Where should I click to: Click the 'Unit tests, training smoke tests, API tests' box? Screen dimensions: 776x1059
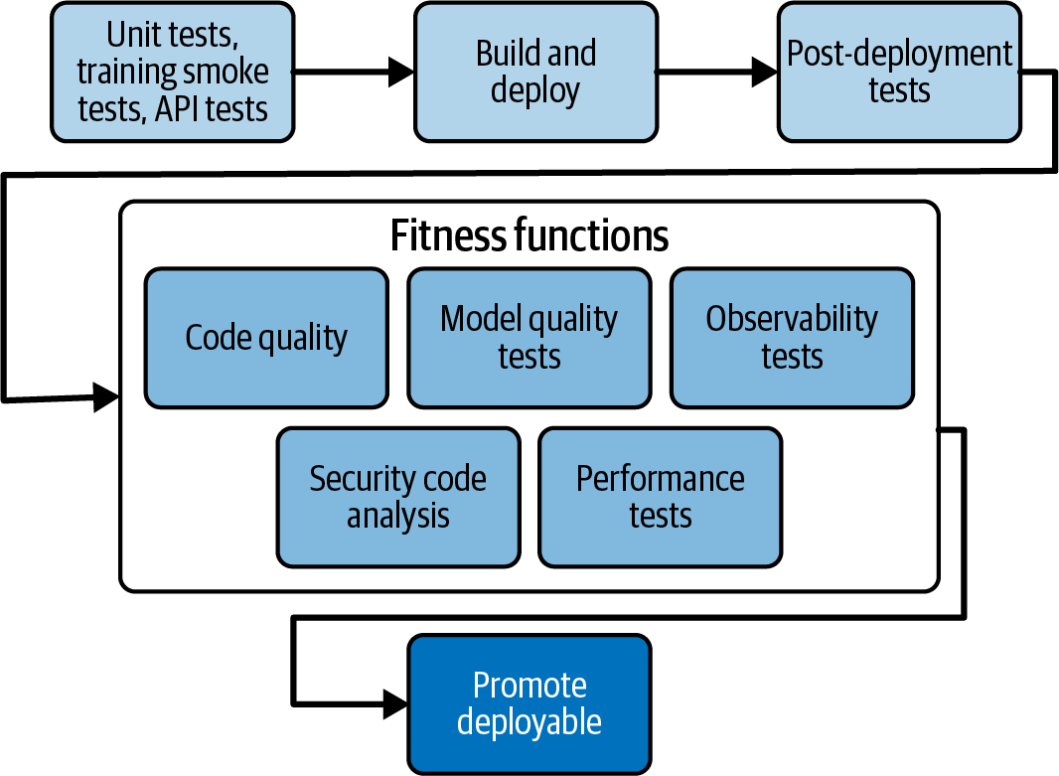point(172,72)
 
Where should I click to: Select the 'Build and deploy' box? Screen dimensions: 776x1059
point(535,72)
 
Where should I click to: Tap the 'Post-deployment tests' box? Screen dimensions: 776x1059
point(899,72)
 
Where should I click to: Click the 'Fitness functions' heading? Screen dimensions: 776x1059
point(529,236)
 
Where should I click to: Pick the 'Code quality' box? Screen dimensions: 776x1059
point(266,338)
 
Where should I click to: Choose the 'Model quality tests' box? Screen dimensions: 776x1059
point(529,338)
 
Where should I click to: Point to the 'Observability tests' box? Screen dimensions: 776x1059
point(792,338)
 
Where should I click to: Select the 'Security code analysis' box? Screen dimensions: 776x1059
point(397,497)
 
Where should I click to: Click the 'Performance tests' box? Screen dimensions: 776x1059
point(660,497)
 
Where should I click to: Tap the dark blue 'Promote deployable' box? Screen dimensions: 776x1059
point(529,703)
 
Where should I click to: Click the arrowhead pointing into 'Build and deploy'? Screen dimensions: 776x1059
point(400,71)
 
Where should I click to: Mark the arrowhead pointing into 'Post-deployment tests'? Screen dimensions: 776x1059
point(764,71)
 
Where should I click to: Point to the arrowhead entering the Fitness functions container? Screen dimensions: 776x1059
point(106,396)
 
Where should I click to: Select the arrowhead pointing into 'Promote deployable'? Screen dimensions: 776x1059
point(394,703)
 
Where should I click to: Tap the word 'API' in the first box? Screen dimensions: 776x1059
point(179,107)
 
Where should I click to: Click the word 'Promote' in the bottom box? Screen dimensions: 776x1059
point(529,686)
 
